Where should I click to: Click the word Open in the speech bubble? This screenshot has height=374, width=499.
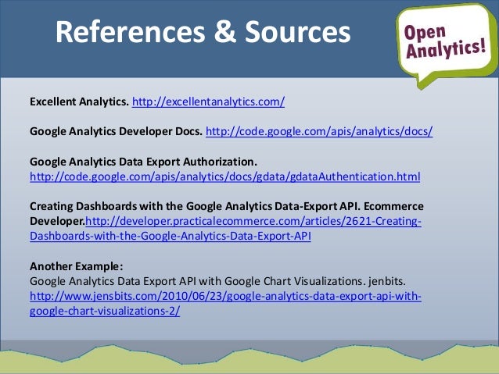tap(425, 29)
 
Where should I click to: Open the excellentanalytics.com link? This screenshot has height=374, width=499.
tap(208, 102)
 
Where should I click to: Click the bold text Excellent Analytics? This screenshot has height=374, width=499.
tap(79, 102)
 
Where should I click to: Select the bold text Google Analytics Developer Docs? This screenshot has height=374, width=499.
tap(116, 132)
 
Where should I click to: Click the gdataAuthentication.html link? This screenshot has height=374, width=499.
tap(224, 177)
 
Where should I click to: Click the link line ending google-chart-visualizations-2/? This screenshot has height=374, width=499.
tap(105, 311)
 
